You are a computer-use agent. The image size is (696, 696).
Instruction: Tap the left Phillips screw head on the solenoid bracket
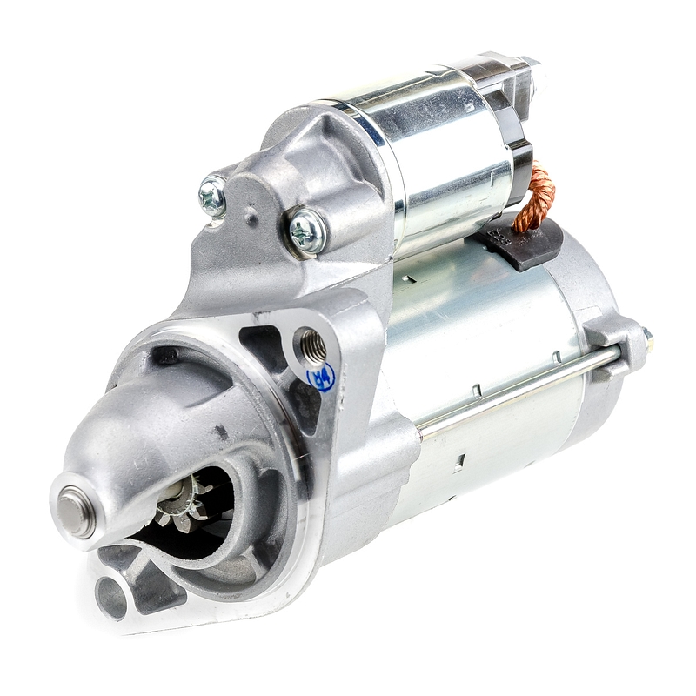point(211,196)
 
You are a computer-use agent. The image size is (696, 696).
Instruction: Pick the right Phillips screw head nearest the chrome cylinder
point(307,231)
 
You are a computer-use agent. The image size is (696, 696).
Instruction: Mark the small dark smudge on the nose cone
point(221,432)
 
